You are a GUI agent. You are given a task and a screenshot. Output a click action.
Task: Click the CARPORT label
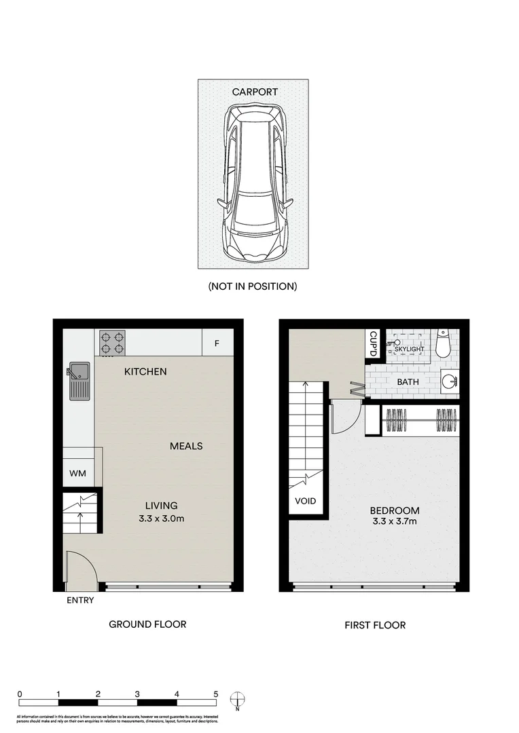255,92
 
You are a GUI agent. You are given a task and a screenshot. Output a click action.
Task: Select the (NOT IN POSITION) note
253,286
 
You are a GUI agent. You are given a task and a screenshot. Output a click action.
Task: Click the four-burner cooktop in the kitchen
112,343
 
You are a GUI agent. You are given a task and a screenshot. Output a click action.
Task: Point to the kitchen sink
79,380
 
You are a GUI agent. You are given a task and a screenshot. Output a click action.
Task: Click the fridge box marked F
217,343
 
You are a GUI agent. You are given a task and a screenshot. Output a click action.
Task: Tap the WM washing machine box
78,474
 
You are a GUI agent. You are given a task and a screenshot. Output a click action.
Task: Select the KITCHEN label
145,372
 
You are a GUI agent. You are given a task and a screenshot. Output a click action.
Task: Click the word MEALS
186,446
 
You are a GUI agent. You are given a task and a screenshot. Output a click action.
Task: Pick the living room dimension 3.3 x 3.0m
161,519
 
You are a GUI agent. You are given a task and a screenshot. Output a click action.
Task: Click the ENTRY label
80,601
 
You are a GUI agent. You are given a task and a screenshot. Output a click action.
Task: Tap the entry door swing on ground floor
80,569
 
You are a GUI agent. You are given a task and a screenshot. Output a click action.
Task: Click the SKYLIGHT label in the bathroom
406,349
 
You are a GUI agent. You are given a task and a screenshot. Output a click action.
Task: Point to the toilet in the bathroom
443,345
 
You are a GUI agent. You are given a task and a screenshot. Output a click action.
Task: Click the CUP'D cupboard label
373,343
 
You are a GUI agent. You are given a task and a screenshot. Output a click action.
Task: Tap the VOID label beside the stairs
306,502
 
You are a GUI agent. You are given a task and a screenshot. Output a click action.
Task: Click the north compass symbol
236,698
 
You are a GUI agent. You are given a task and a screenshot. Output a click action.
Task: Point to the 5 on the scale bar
216,694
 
